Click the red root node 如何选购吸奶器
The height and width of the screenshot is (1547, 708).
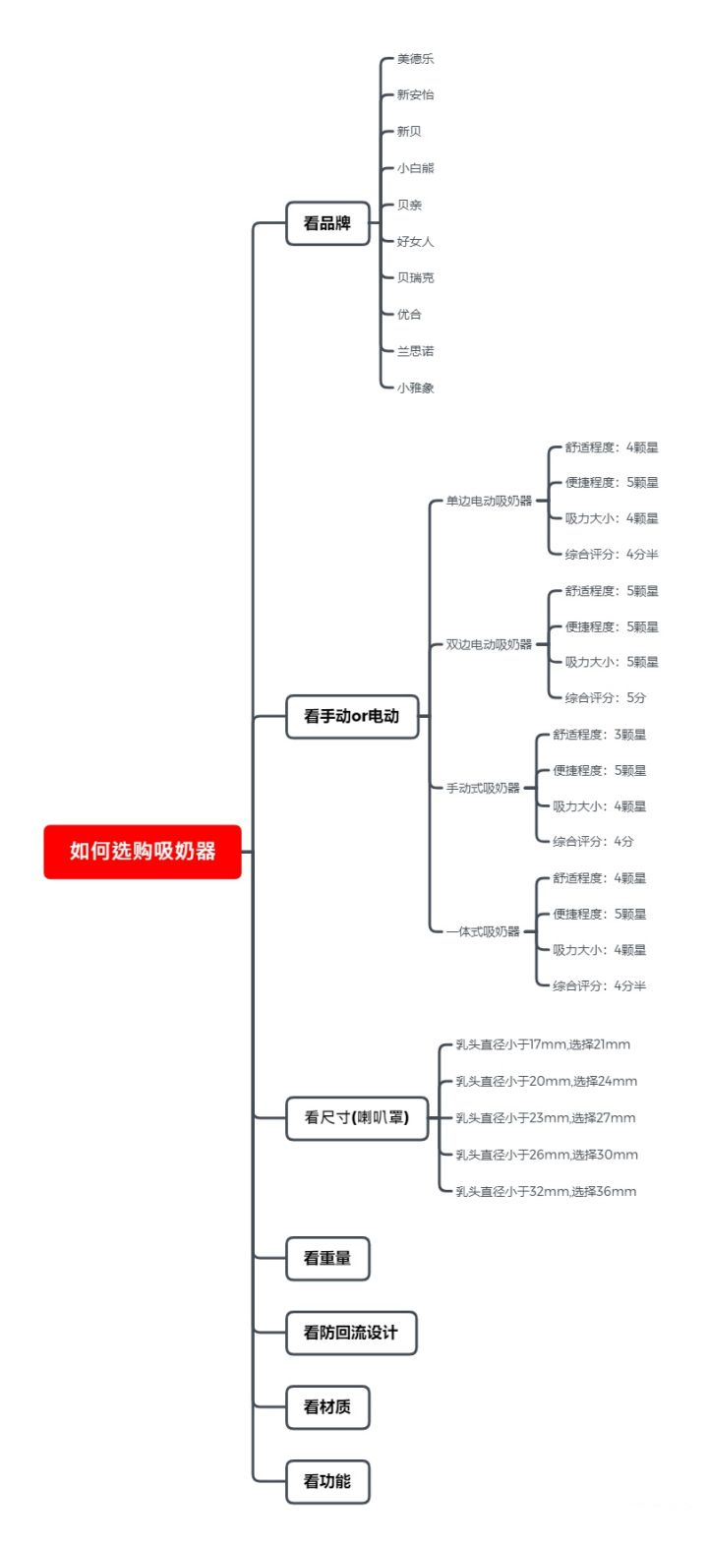[x=143, y=851]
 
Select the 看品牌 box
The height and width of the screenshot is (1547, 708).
[x=328, y=223]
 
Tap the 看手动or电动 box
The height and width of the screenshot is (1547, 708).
[x=352, y=716]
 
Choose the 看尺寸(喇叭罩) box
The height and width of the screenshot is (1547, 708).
[x=357, y=1117]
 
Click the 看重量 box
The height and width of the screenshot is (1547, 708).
[x=328, y=1258]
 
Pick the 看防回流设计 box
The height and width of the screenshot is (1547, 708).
[x=352, y=1333]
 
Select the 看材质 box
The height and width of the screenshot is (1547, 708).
[x=328, y=1406]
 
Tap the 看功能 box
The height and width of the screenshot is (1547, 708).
[x=328, y=1481]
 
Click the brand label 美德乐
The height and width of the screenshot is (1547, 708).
[x=415, y=59]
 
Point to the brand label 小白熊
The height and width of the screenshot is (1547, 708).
[x=415, y=168]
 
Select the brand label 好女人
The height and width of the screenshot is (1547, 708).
[x=415, y=241]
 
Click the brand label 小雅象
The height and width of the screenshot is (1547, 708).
[x=415, y=387]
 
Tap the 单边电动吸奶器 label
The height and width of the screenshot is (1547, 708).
[x=489, y=501]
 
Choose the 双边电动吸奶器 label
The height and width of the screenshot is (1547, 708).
[x=489, y=644]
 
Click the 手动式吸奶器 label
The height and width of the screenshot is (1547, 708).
[x=483, y=788]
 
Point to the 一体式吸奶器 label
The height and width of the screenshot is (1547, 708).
[x=483, y=931]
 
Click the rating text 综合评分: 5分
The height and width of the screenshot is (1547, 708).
[x=606, y=697]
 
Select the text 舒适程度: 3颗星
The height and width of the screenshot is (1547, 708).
[x=600, y=734]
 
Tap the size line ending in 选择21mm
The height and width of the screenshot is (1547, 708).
[x=543, y=1044]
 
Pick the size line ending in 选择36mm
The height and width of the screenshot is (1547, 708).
[x=546, y=1191]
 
